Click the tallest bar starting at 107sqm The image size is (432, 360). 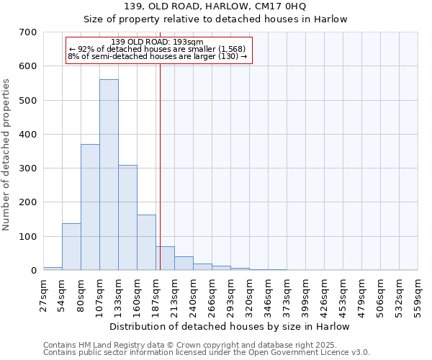click(x=109, y=175)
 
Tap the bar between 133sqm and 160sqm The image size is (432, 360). click(x=127, y=217)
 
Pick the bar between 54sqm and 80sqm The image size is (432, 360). click(x=71, y=247)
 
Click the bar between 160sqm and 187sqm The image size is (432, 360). click(x=146, y=243)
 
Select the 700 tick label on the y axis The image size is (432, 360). click(x=28, y=32)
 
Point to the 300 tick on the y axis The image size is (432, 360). click(x=28, y=168)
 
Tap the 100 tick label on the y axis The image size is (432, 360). click(x=28, y=237)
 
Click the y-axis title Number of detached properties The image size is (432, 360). click(x=6, y=155)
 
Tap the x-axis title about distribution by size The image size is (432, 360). click(x=230, y=326)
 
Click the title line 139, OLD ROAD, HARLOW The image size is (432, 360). click(x=215, y=6)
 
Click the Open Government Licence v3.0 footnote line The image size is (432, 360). click(x=206, y=353)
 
